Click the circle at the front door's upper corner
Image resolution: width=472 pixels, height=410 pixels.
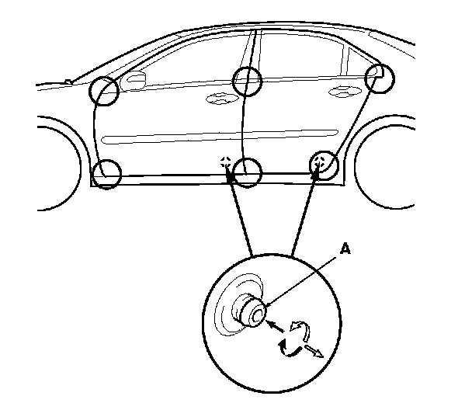pyautogui.click(x=104, y=91)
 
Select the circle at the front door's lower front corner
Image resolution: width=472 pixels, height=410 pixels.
pyautogui.click(x=106, y=172)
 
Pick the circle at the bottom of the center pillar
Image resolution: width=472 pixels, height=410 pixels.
pyautogui.click(x=248, y=172)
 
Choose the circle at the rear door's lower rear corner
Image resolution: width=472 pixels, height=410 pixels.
pyautogui.click(x=324, y=165)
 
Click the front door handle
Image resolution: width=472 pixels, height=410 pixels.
pyautogui.click(x=219, y=99)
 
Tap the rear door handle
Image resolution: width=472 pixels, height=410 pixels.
pyautogui.click(x=339, y=92)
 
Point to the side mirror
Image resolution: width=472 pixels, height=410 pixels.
pyautogui.click(x=135, y=81)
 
